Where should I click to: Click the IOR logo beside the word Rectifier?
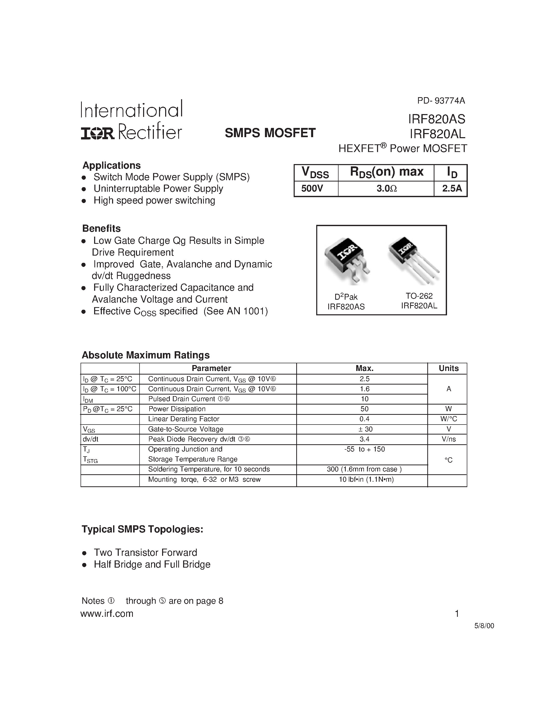[97, 133]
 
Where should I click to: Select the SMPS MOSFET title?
[270, 133]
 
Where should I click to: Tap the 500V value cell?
[312, 188]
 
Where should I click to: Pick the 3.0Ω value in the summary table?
[387, 188]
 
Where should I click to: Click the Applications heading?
[112, 165]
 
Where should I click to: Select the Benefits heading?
[101, 228]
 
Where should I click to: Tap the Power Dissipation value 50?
[364, 409]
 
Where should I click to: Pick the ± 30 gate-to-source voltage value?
[364, 429]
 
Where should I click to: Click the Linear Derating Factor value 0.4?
[364, 419]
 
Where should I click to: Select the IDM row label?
[88, 400]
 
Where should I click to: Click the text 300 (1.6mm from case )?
[364, 469]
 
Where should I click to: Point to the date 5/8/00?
[484, 626]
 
